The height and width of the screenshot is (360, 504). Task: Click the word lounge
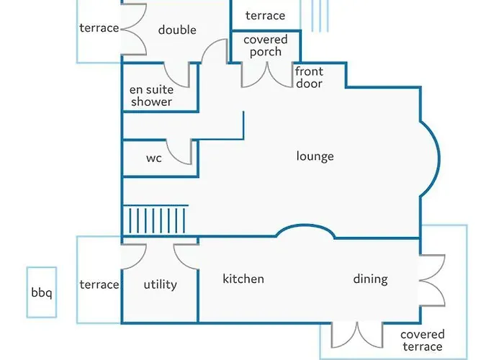click(x=315, y=156)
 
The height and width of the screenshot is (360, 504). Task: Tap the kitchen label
click(x=243, y=279)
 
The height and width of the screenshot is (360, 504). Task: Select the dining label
click(x=370, y=279)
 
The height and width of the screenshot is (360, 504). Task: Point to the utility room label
click(x=160, y=284)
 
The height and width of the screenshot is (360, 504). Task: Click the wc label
click(x=153, y=158)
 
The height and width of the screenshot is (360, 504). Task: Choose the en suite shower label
click(x=151, y=96)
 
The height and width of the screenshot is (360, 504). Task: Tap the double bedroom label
click(x=177, y=30)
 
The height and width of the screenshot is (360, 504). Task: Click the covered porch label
click(x=266, y=45)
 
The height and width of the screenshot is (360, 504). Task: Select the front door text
click(x=309, y=77)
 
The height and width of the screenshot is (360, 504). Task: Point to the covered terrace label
click(x=423, y=341)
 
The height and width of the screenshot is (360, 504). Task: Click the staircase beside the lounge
click(x=156, y=220)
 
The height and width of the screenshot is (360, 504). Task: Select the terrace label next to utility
click(x=99, y=284)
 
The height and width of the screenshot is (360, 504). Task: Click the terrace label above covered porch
click(x=265, y=15)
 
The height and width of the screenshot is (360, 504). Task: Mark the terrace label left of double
click(x=99, y=28)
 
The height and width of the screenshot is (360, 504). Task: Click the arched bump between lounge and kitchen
click(x=305, y=225)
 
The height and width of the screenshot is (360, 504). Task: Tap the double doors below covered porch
click(x=267, y=76)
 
